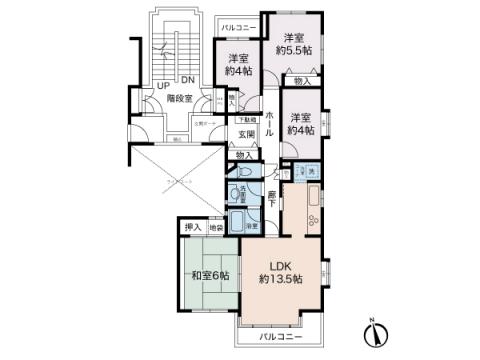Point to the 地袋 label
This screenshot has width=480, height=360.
tap(214, 228)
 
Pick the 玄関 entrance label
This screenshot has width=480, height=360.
tap(246, 135)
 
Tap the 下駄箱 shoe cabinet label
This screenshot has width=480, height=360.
tap(246, 120)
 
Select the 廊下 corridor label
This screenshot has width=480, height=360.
tap(271, 198)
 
